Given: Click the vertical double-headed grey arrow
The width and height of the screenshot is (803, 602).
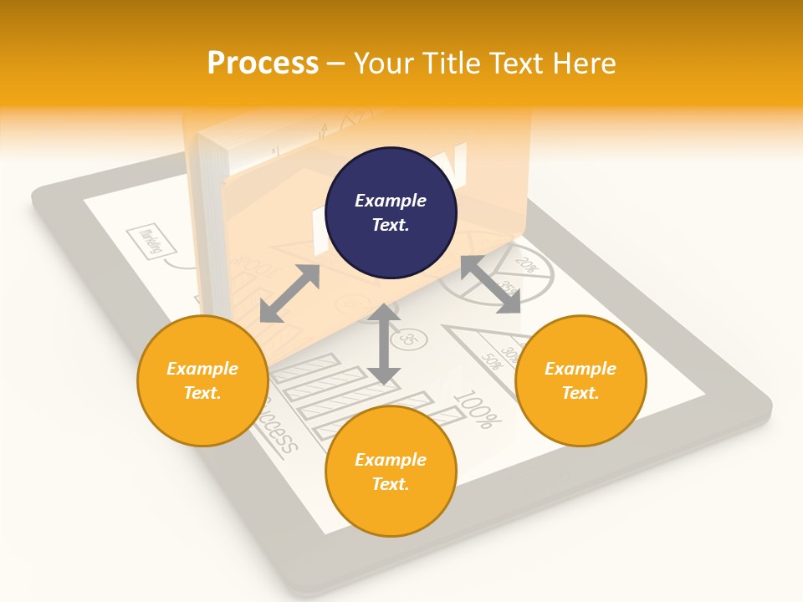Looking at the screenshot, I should click(384, 344).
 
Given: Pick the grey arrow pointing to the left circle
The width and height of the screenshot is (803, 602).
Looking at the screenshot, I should click(289, 293).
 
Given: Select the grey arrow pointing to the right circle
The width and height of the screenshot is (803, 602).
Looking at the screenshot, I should click(491, 284).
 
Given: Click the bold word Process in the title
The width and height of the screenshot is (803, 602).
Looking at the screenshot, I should click(263, 64).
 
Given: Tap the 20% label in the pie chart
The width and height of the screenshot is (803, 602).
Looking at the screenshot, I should click(526, 264).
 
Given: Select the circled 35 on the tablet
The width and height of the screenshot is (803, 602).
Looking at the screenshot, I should click(409, 339).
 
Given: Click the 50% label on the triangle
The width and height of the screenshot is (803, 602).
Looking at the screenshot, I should click(490, 361).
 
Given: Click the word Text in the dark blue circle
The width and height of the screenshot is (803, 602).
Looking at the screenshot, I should click(390, 225).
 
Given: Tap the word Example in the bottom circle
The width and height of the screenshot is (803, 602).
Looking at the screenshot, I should click(390, 460).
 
